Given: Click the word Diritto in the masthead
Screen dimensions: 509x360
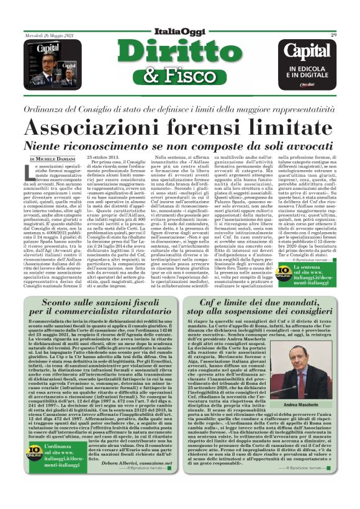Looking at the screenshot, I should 180,52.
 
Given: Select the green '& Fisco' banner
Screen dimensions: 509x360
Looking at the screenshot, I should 180,75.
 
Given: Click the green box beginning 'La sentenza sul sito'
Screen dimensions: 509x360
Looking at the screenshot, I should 310,271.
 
